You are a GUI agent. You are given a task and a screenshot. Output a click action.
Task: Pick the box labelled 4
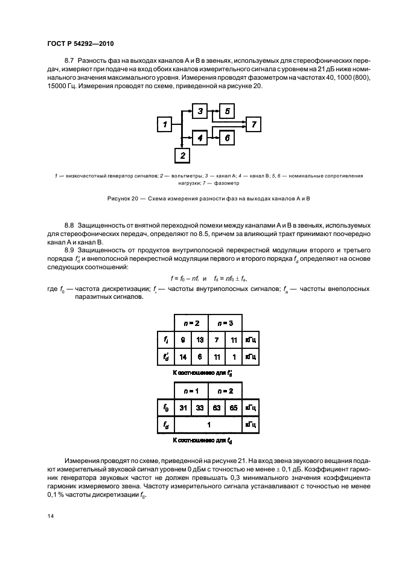pyautogui.click(x=200, y=138)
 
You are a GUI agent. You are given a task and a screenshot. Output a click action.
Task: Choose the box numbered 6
pyautogui.click(x=226, y=138)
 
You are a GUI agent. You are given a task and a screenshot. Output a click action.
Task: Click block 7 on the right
pyautogui.click(x=254, y=124)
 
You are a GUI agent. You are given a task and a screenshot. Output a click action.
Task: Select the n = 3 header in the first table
pyautogui.click(x=226, y=323)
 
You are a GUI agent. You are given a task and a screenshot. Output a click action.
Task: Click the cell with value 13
pyautogui.click(x=200, y=340)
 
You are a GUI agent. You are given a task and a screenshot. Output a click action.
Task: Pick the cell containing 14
pyautogui.click(x=183, y=356)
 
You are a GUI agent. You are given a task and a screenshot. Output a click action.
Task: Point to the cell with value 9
pyautogui.click(x=183, y=340)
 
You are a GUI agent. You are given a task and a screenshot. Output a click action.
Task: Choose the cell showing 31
pyautogui.click(x=183, y=407)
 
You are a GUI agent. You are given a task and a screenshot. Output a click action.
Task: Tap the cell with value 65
pyautogui.click(x=234, y=407)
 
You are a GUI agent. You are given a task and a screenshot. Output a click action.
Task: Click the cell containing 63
pyautogui.click(x=217, y=407)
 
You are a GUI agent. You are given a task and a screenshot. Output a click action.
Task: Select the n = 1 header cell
pyautogui.click(x=191, y=391)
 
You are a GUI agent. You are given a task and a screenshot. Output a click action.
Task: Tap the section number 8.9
pyautogui.click(x=70, y=249)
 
